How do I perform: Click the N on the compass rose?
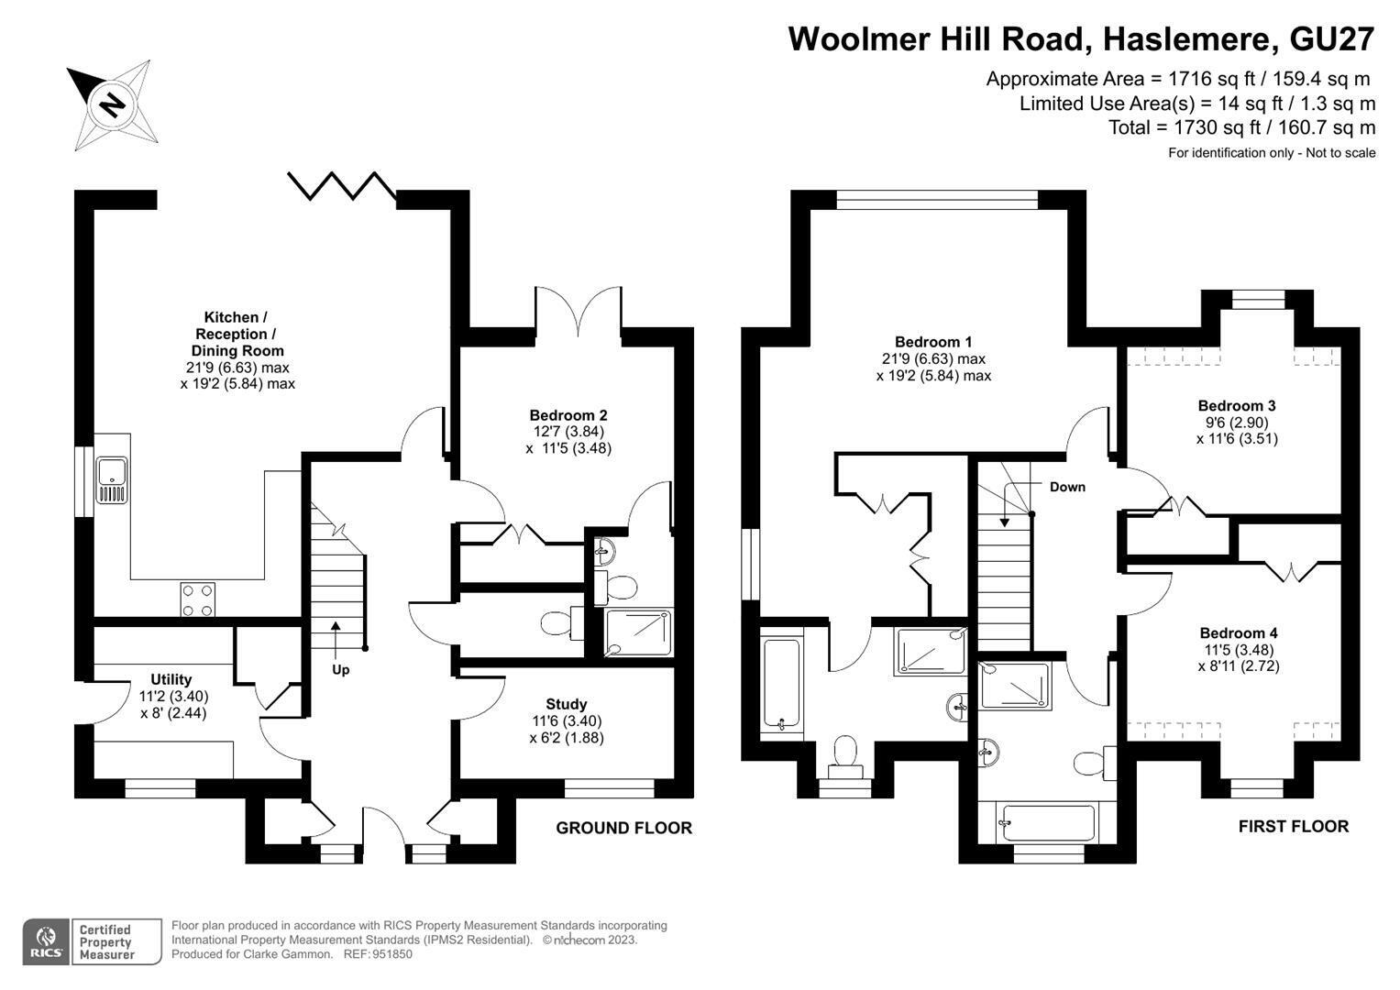113,104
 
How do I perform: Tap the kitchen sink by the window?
112,480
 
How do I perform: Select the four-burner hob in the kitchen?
197,599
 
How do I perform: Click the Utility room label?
171,679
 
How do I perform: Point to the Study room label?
567,704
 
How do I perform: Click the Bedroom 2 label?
568,415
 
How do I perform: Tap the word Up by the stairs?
341,670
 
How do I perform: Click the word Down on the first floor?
1067,487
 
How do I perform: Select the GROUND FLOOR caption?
623,828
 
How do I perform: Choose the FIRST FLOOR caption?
1294,826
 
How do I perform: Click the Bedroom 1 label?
933,342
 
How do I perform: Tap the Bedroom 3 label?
1237,405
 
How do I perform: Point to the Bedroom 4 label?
1238,633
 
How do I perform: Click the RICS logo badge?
46,942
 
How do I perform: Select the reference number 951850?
392,954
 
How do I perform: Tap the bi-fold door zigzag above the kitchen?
342,185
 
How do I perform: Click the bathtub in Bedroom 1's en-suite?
781,686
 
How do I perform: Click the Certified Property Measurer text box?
116,942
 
